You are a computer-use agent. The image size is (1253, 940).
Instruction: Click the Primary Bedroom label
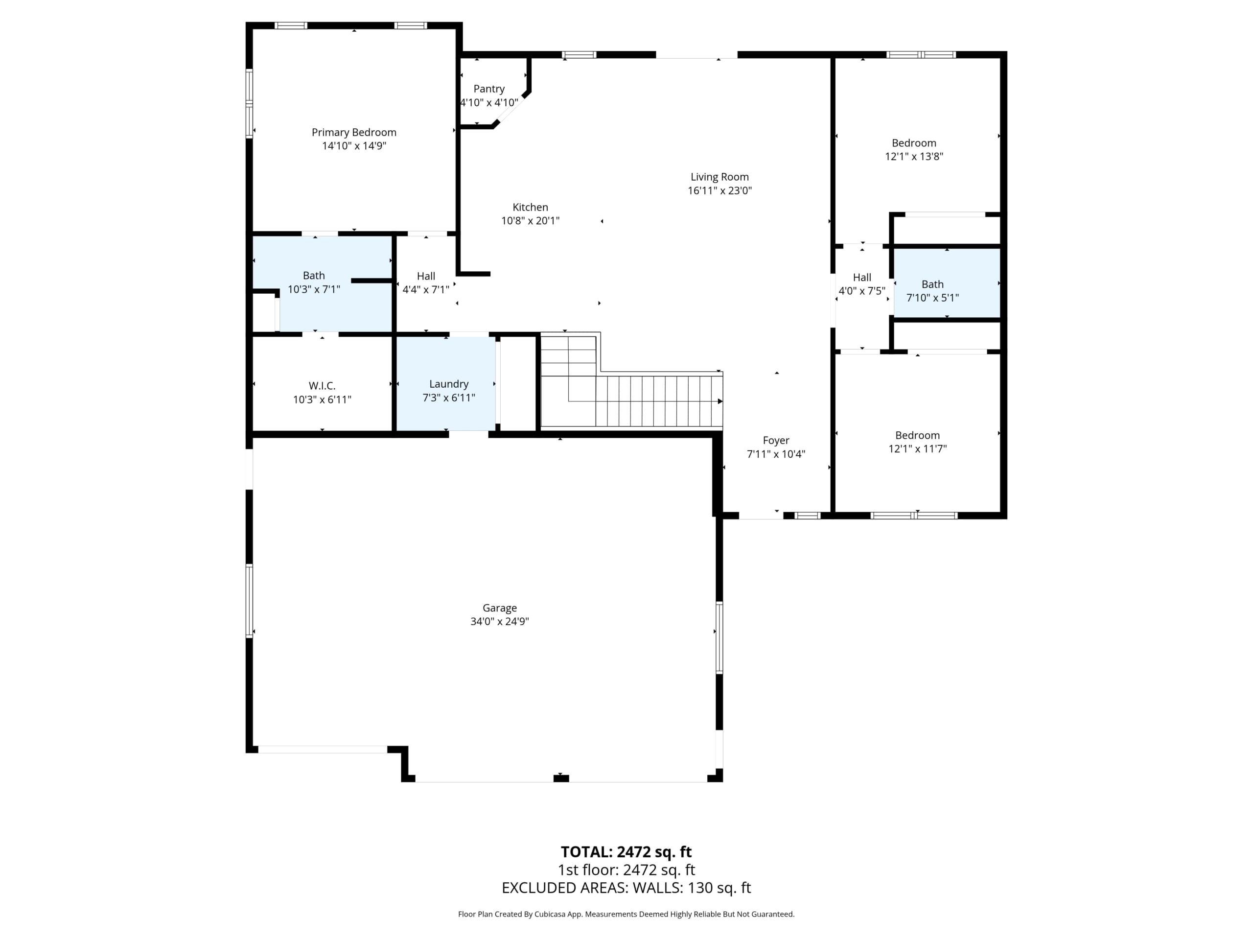(x=354, y=132)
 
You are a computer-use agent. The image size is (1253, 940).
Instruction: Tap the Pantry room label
(x=489, y=89)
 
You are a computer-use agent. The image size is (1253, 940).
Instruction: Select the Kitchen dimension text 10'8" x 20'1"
(x=530, y=221)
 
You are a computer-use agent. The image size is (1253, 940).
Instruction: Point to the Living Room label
(x=719, y=177)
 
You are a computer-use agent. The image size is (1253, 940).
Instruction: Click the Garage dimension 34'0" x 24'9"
(x=500, y=621)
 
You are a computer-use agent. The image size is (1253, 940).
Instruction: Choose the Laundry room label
(x=449, y=384)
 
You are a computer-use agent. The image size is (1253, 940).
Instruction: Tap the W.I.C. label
(x=322, y=386)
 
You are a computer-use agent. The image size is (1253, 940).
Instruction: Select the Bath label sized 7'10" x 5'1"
(x=932, y=284)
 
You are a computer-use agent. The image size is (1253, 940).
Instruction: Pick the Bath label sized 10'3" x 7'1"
(x=314, y=275)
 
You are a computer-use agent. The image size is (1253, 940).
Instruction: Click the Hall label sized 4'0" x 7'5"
(x=862, y=277)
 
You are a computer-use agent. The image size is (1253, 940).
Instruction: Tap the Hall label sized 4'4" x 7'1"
(x=426, y=276)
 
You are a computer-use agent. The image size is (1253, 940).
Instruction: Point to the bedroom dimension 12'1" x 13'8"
(x=914, y=156)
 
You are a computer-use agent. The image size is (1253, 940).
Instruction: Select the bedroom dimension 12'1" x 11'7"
(x=918, y=449)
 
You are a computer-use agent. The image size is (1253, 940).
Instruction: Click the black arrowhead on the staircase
(x=720, y=401)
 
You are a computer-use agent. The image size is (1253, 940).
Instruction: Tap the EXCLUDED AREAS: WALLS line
(x=626, y=888)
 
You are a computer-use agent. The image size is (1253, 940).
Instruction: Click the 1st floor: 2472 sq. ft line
(x=626, y=869)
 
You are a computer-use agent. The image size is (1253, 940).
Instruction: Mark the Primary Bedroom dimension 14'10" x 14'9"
(x=354, y=145)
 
